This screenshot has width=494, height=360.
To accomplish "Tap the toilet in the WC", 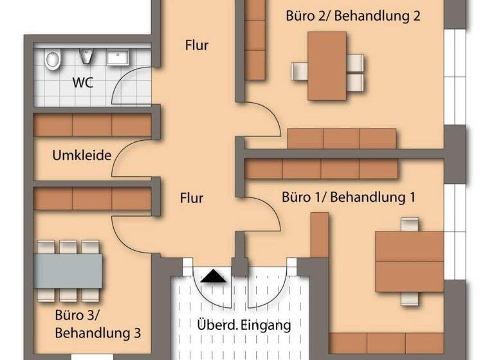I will point(53,60).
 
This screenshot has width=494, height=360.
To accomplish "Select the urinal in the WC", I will point(87,57).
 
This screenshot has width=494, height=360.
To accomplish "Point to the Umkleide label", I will point(82,156).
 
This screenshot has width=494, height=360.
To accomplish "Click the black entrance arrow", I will point(214,276).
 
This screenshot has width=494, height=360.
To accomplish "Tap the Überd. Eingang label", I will point(243,325).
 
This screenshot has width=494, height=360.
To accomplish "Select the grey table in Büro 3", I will point(69,271).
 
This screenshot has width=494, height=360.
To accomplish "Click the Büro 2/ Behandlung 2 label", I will point(353,16).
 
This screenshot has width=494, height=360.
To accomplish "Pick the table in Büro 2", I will point(327,66).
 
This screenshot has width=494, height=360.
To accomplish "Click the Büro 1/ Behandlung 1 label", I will point(348,197).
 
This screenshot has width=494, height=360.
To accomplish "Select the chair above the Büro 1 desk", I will point(409,224).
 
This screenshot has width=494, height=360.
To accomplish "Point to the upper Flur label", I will point(197,45).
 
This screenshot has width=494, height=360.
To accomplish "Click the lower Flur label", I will point(192,197).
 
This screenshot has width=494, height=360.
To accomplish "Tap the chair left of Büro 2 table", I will point(299,71).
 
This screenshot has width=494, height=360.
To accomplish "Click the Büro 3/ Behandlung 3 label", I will point(98,325).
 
